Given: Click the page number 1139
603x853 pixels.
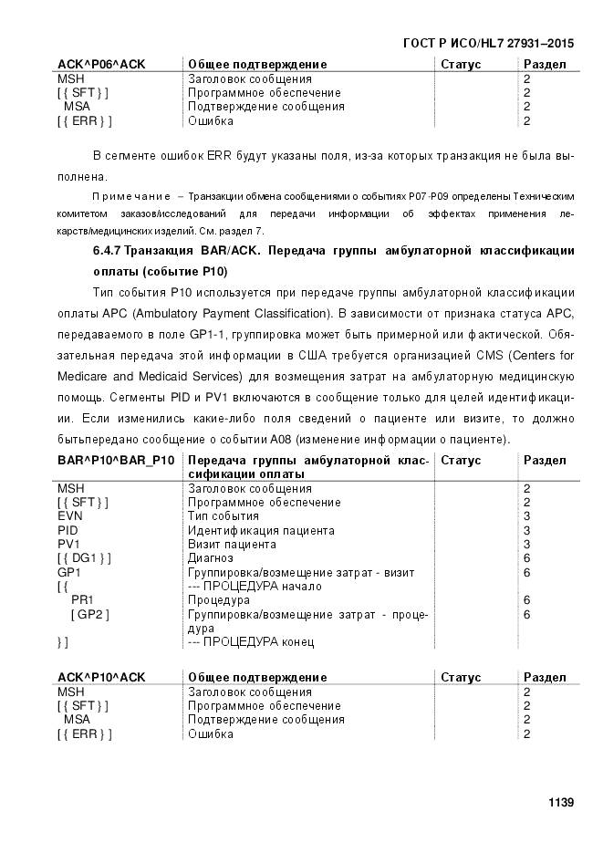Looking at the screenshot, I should pyautogui.click(x=560, y=802).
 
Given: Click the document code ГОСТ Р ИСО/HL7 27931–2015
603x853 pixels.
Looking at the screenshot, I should pyautogui.click(x=487, y=44).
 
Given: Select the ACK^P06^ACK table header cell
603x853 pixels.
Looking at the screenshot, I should pyautogui.click(x=101, y=65).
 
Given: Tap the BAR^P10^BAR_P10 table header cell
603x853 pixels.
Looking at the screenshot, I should pyautogui.click(x=116, y=461).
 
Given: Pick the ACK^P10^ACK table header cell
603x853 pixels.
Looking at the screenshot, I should pyautogui.click(x=101, y=678).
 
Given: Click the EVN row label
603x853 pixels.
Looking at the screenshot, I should pyautogui.click(x=70, y=516).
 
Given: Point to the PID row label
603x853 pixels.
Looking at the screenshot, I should pyautogui.click(x=68, y=530).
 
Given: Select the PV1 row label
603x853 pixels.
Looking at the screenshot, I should pyautogui.click(x=68, y=545).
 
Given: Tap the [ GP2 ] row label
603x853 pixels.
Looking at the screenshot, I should pyautogui.click(x=90, y=615).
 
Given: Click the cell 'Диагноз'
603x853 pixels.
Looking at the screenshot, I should pyautogui.click(x=210, y=558).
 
